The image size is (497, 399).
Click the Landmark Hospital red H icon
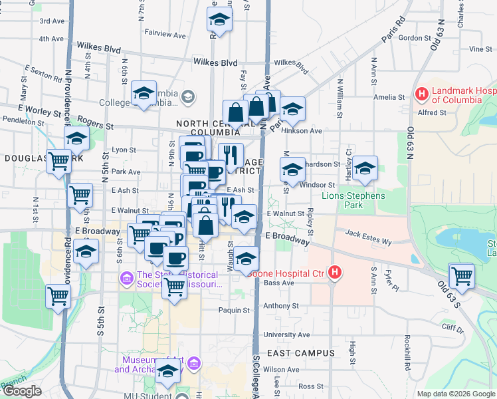pyautogui.click(x=421, y=94)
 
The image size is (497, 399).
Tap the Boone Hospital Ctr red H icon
pyautogui.click(x=336, y=272)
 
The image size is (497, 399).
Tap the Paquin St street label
pyautogui.click(x=234, y=310)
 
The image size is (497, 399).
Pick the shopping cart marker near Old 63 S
pyautogui.click(x=462, y=275)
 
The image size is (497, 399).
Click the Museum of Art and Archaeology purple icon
pyautogui.click(x=194, y=363)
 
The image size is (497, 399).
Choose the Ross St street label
pyautogui.click(x=310, y=386)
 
